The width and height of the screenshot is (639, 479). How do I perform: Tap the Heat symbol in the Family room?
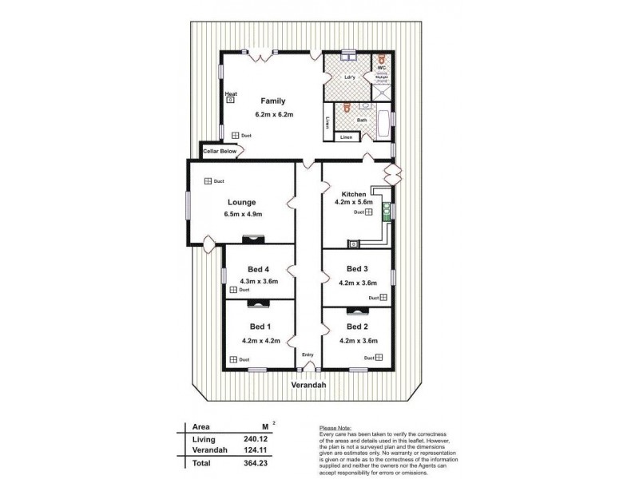pyautogui.click(x=231, y=100)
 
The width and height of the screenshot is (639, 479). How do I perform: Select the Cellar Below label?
pyautogui.click(x=219, y=150)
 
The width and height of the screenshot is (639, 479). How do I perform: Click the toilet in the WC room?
pyautogui.click(x=383, y=59)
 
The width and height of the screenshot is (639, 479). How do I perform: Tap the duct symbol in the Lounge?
pyautogui.click(x=207, y=181)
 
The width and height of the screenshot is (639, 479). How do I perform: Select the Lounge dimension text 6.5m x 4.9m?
pyautogui.click(x=244, y=214)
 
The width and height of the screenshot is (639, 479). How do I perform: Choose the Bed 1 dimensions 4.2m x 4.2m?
pyautogui.click(x=261, y=341)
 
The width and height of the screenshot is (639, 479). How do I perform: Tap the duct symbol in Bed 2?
pyautogui.click(x=381, y=358)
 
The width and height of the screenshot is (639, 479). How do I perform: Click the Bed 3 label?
pyautogui.click(x=357, y=268)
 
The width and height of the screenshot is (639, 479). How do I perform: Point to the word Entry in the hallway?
pyautogui.click(x=307, y=354)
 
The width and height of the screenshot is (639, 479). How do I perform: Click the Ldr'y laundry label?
pyautogui.click(x=349, y=77)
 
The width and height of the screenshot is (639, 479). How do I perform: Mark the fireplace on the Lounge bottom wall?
pyautogui.click(x=254, y=237)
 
